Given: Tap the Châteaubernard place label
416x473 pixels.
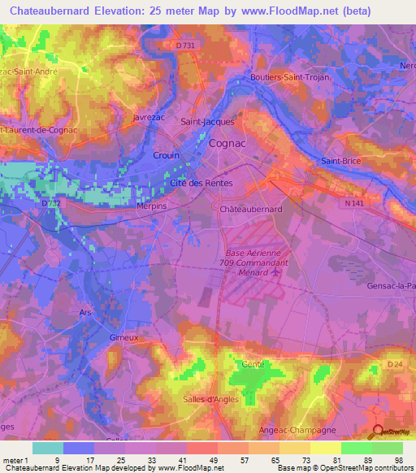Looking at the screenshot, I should (x=251, y=209).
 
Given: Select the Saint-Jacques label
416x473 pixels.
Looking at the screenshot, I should (x=207, y=122).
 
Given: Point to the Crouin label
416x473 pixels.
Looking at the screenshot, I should (x=166, y=154).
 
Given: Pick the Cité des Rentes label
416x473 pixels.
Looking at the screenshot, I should (x=201, y=184).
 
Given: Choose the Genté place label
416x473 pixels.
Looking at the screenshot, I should (x=253, y=364).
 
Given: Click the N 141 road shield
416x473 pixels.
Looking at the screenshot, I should (x=353, y=205).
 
